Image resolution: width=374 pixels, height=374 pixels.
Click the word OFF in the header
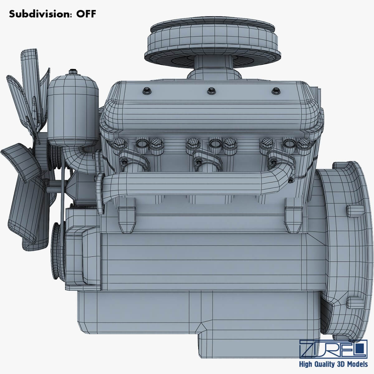coord(84,14)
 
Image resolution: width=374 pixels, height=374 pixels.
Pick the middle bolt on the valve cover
coord(210,91)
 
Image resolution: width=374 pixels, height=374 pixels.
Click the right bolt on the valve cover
coord(275,91)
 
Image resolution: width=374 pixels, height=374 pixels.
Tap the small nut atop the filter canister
coord(73,71)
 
